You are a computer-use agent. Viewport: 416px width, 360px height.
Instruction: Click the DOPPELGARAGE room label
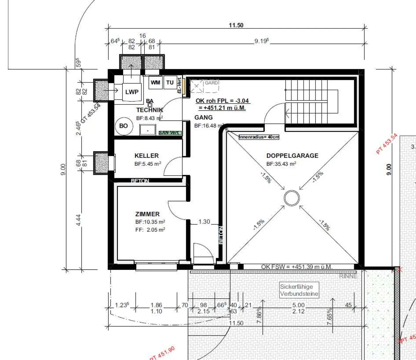(292, 156)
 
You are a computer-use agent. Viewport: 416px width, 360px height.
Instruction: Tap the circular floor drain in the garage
(292, 198)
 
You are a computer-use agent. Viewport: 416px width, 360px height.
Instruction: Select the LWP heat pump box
(132, 92)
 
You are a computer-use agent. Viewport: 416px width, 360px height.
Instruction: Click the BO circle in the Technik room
(123, 126)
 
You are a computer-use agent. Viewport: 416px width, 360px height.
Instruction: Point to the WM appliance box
(155, 83)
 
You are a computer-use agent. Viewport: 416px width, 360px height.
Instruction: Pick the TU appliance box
(170, 83)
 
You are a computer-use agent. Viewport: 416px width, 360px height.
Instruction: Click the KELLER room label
(146, 156)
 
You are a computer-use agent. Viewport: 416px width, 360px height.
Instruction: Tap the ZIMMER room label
(147, 214)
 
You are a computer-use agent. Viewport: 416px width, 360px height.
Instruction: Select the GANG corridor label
(203, 117)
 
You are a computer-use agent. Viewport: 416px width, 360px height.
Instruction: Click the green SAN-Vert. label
(170, 133)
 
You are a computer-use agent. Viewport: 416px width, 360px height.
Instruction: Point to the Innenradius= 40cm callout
(259, 137)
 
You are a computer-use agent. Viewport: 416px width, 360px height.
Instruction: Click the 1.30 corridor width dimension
(204, 222)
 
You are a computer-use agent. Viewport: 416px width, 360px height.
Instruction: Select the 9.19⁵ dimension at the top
(261, 41)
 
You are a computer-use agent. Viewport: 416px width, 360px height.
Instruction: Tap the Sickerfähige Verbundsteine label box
(299, 290)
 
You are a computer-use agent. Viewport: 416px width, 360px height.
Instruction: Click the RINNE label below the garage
(348, 276)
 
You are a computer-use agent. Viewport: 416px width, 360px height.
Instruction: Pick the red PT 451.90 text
(162, 353)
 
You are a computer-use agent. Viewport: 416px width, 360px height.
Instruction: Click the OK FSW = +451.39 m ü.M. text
(297, 267)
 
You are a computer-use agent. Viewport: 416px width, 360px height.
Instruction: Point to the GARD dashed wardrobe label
(211, 83)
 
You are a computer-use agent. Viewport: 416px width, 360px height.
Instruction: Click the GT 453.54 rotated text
(91, 113)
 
